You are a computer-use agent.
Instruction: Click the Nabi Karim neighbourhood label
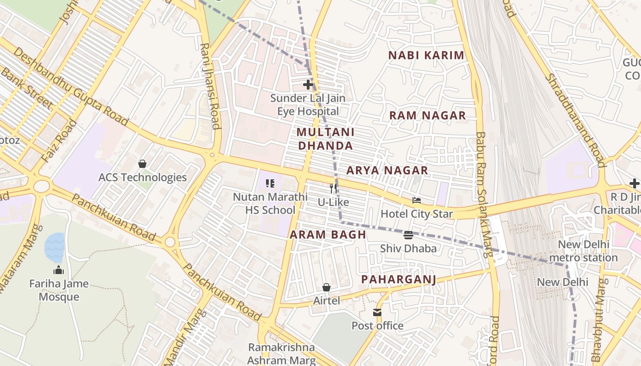pyautogui.click(x=426, y=55)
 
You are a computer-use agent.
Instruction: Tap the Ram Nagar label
pyautogui.click(x=427, y=115)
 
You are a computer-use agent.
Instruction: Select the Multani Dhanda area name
pyautogui.click(x=325, y=139)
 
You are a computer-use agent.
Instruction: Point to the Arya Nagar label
pyautogui.click(x=387, y=170)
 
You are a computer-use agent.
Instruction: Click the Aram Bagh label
pyautogui.click(x=328, y=235)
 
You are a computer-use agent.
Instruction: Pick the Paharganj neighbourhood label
pyautogui.click(x=398, y=279)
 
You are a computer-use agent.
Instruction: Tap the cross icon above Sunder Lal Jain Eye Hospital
pyautogui.click(x=308, y=85)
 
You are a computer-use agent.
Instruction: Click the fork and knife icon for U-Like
pyautogui.click(x=333, y=188)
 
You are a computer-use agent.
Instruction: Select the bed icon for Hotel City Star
pyautogui.click(x=416, y=200)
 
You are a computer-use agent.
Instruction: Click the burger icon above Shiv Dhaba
pyautogui.click(x=408, y=235)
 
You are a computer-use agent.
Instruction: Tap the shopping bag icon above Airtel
pyautogui.click(x=326, y=287)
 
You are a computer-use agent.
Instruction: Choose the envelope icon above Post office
pyautogui.click(x=377, y=312)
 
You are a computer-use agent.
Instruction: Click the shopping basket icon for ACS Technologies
pyautogui.click(x=142, y=164)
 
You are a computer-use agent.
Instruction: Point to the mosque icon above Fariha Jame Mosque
pyautogui.click(x=58, y=270)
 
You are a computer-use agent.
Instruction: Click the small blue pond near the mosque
pyautogui.click(x=54, y=247)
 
